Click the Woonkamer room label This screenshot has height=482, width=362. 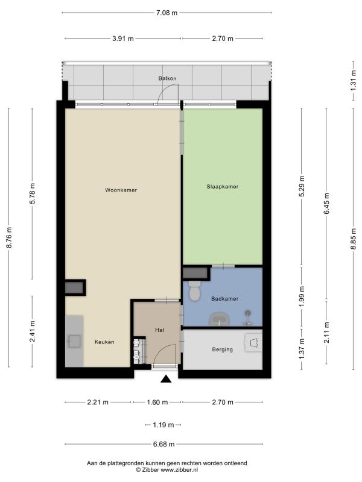[121, 190]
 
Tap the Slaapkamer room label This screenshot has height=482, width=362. [223, 187]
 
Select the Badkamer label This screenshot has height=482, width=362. [224, 298]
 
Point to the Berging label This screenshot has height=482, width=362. [222, 349]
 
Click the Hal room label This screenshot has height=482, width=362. [159, 330]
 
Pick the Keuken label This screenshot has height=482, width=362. [104, 342]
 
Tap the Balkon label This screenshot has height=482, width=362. [168, 78]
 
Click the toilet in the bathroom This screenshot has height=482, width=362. [194, 290]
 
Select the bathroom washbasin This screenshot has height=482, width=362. [220, 319]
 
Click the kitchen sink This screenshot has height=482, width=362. [74, 341]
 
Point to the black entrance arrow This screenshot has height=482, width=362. [166, 379]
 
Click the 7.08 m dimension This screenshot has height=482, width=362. [167, 13]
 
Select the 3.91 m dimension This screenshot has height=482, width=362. [123, 39]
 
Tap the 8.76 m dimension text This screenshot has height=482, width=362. [9, 237]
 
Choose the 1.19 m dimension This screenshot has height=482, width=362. [163, 425]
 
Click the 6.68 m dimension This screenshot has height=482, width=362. [164, 444]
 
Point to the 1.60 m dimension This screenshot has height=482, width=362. [157, 402]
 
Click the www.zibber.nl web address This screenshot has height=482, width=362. [177, 470]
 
